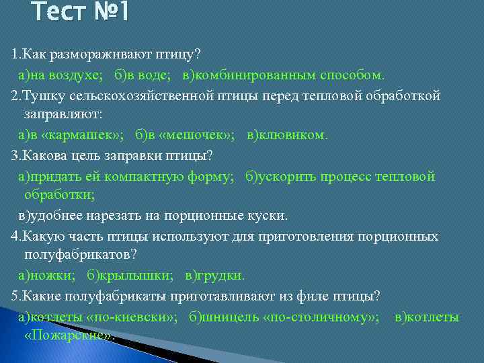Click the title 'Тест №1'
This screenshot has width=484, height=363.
[x=83, y=11]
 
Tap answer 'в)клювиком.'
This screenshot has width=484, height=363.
[x=288, y=134]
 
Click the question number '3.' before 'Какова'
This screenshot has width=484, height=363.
[x=17, y=155]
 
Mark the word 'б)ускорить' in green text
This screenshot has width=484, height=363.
[x=278, y=176]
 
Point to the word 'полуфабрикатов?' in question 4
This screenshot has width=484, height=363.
[x=80, y=255]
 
